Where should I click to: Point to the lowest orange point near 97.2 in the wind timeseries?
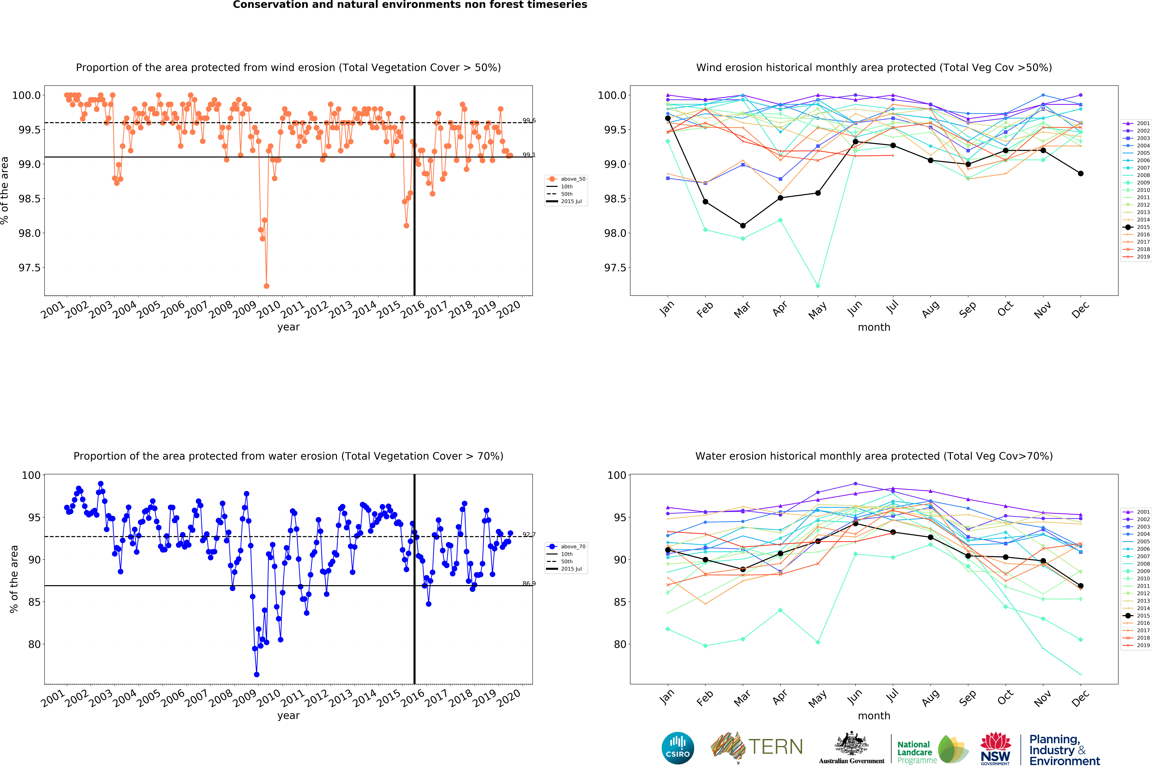[x=267, y=286]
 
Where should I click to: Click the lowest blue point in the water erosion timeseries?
[x=256, y=674]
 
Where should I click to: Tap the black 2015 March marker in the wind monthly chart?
[x=743, y=225]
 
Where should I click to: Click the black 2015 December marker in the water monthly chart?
[x=1081, y=586]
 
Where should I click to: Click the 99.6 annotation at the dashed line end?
[x=529, y=120]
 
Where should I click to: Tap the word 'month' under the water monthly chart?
[x=874, y=716]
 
